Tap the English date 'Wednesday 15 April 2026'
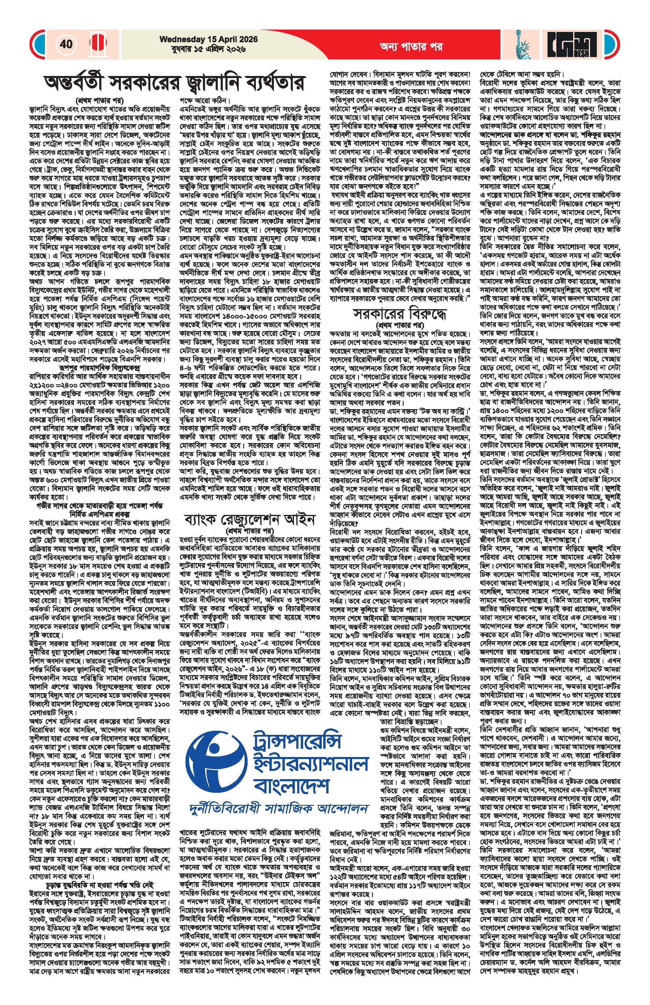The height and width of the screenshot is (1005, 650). coord(203,40)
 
